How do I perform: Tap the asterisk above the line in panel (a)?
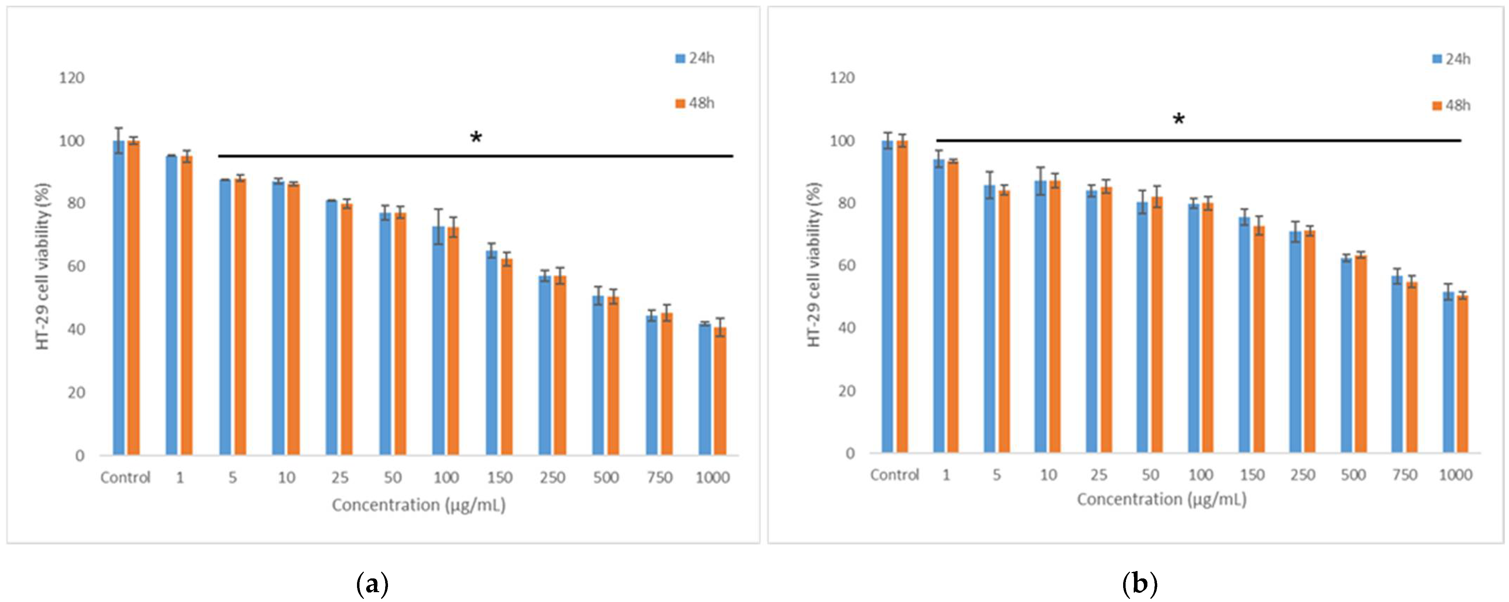[x=476, y=139]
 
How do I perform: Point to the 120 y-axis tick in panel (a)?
[x=71, y=78]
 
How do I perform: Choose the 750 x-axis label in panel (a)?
[x=659, y=478]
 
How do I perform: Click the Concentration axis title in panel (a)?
[x=418, y=505]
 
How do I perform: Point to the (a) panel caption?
[x=372, y=584]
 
